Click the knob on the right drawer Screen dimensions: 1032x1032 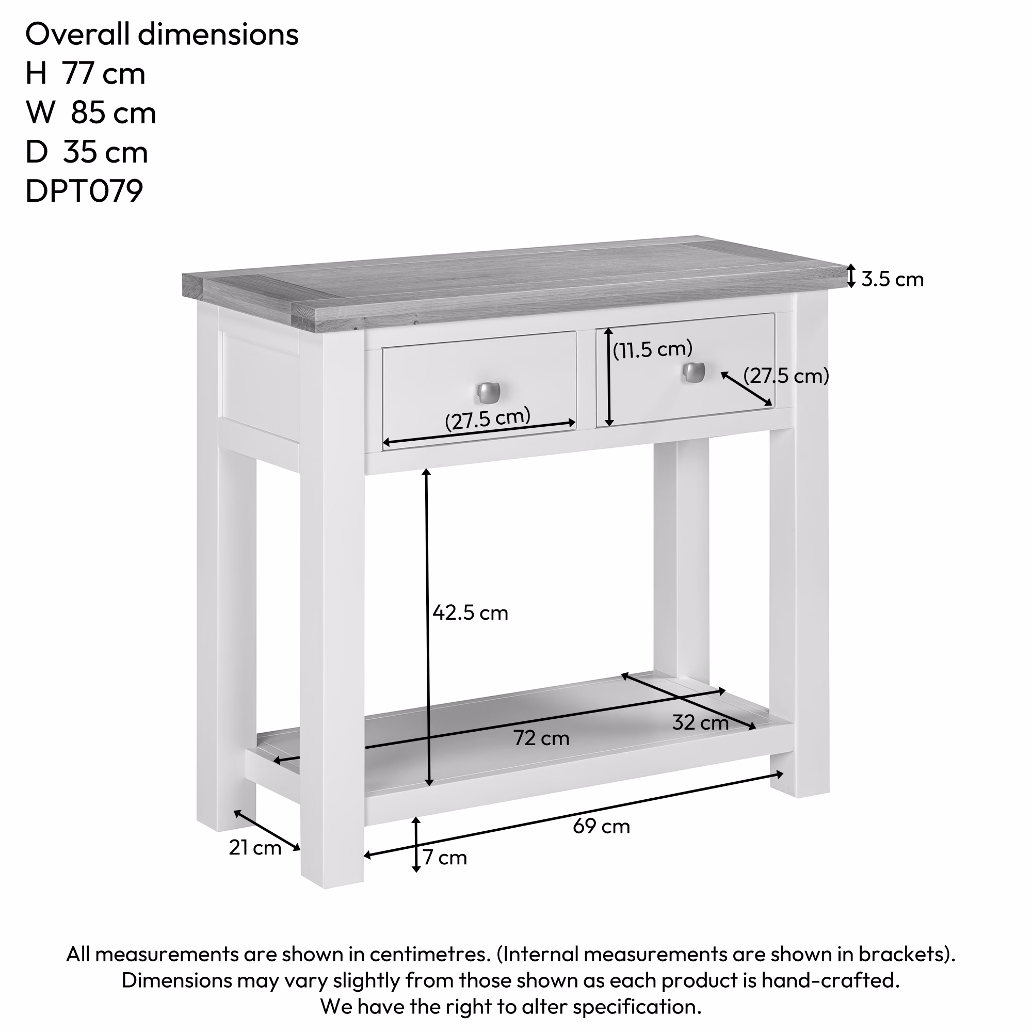(x=694, y=373)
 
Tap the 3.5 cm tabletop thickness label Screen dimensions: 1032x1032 (x=893, y=279)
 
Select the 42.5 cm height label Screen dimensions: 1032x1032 (x=470, y=612)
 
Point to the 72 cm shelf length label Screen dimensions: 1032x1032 (x=542, y=738)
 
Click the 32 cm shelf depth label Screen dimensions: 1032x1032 (x=700, y=723)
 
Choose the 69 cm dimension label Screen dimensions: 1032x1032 (x=602, y=826)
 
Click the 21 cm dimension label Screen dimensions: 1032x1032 (x=255, y=848)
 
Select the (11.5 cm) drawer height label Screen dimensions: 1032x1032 (x=652, y=349)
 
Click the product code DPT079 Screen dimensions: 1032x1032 (x=85, y=191)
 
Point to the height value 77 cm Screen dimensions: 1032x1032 (x=104, y=73)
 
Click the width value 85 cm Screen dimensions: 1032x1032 (x=113, y=112)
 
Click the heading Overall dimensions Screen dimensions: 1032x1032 (x=162, y=34)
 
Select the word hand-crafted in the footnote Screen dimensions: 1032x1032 (x=831, y=980)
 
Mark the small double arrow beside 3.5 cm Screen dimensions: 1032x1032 (x=851, y=276)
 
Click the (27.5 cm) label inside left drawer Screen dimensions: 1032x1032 (x=488, y=418)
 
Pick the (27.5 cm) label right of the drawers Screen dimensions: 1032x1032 (x=786, y=376)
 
